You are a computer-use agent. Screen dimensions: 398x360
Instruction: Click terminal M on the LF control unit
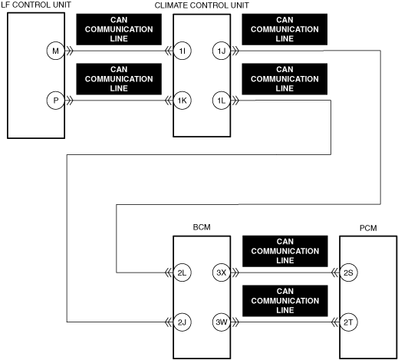click(55, 51)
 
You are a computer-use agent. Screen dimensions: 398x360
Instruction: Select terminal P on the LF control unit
click(55, 101)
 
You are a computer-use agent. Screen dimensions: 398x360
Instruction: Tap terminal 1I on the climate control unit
click(183, 51)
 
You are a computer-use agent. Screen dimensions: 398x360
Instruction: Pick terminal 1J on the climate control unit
click(222, 51)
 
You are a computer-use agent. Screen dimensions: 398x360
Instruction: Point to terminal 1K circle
click(183, 101)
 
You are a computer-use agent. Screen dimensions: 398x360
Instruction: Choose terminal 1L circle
click(222, 101)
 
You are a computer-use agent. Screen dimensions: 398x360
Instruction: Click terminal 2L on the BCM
click(183, 272)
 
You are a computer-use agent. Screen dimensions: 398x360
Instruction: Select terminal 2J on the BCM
click(183, 322)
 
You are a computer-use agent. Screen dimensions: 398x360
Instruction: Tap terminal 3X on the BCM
click(222, 272)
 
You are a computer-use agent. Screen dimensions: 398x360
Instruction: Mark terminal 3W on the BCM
click(222, 322)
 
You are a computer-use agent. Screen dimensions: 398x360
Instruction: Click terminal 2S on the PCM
click(348, 272)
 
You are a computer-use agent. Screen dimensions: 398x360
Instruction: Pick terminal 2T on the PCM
click(348, 322)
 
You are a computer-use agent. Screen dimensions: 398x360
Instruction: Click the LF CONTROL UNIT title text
click(36, 5)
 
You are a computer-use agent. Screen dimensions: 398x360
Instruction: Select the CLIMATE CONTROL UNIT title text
click(202, 5)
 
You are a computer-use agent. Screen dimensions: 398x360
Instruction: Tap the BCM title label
click(202, 227)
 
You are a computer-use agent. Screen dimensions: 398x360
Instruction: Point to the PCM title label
click(368, 228)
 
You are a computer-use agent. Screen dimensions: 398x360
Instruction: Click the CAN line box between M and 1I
click(119, 29)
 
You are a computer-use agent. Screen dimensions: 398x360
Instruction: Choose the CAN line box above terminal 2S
click(285, 251)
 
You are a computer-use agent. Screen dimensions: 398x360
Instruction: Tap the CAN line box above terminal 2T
click(285, 301)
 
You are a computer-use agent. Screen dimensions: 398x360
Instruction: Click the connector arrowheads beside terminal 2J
click(169, 322)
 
